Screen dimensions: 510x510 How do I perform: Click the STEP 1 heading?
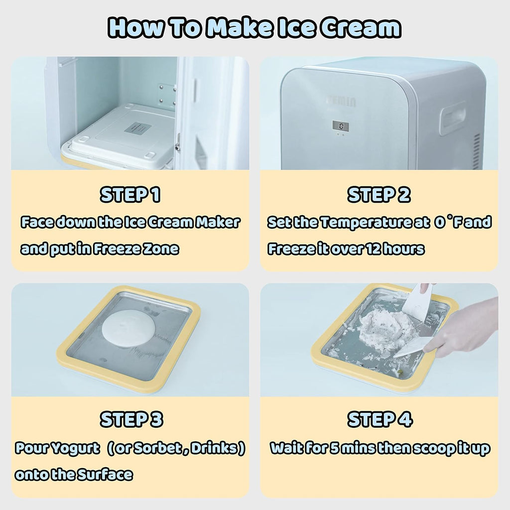click(130, 195)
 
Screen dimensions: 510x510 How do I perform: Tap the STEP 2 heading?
click(379, 195)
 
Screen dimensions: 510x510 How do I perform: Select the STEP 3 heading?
click(131, 419)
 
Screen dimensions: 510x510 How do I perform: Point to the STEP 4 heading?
click(380, 419)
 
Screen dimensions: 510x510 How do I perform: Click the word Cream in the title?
click(361, 27)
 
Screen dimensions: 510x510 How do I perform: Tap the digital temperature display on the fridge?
click(341, 126)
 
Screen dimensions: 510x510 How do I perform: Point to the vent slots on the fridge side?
click(477, 151)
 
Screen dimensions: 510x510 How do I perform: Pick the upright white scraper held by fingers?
click(417, 302)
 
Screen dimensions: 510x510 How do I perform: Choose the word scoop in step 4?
click(433, 449)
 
